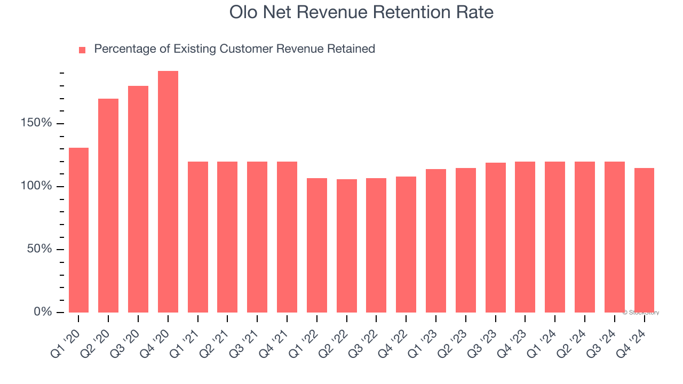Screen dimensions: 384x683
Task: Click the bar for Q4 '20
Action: click(x=168, y=191)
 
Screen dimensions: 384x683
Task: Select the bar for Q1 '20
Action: click(x=78, y=230)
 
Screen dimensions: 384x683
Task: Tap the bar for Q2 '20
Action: click(x=108, y=205)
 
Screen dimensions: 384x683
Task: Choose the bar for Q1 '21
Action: click(x=198, y=237)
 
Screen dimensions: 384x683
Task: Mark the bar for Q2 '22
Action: click(x=347, y=245)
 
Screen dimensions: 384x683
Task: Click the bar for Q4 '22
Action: click(x=406, y=244)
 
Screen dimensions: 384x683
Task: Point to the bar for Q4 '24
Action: click(x=644, y=240)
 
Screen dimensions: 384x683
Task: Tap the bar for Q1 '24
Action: click(x=555, y=237)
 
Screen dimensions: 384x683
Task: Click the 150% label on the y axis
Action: click(x=36, y=124)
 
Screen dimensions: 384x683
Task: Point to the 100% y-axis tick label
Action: click(x=36, y=186)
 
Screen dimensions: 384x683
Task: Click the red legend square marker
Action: click(x=82, y=50)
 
